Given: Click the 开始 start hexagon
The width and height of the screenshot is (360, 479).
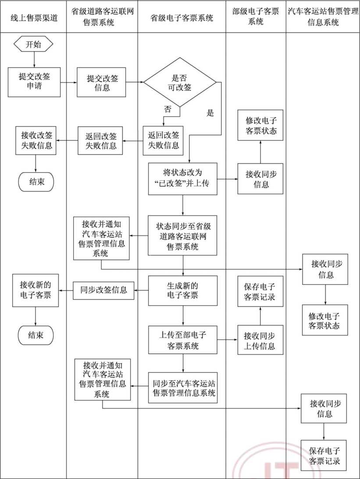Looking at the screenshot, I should coord(34,44).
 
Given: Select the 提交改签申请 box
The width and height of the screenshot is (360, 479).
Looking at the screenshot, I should coord(34,82).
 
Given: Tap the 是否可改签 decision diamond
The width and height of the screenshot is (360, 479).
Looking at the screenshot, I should coord(180,82).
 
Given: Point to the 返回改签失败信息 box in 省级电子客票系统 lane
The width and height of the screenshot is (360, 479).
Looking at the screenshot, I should coord(164,141).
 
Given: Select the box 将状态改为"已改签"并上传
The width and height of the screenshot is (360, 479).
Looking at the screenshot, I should coord(182,179).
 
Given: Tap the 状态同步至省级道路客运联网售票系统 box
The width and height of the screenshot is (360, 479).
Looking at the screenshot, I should coord(182,236).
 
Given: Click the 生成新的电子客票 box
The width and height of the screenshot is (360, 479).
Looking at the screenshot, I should coord(182,290).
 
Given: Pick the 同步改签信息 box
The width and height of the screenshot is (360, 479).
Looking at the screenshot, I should coord(103,290).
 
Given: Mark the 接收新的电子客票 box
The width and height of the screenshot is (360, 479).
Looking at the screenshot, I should coord(35,290).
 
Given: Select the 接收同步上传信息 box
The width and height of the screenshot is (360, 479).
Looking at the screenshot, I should coord(260,341).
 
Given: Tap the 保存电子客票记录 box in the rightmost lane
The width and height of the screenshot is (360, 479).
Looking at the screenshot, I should coord(324,455).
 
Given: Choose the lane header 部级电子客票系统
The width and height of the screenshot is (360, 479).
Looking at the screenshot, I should coord(256,16).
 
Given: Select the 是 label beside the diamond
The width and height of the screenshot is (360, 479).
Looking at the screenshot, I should coord(210,113).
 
